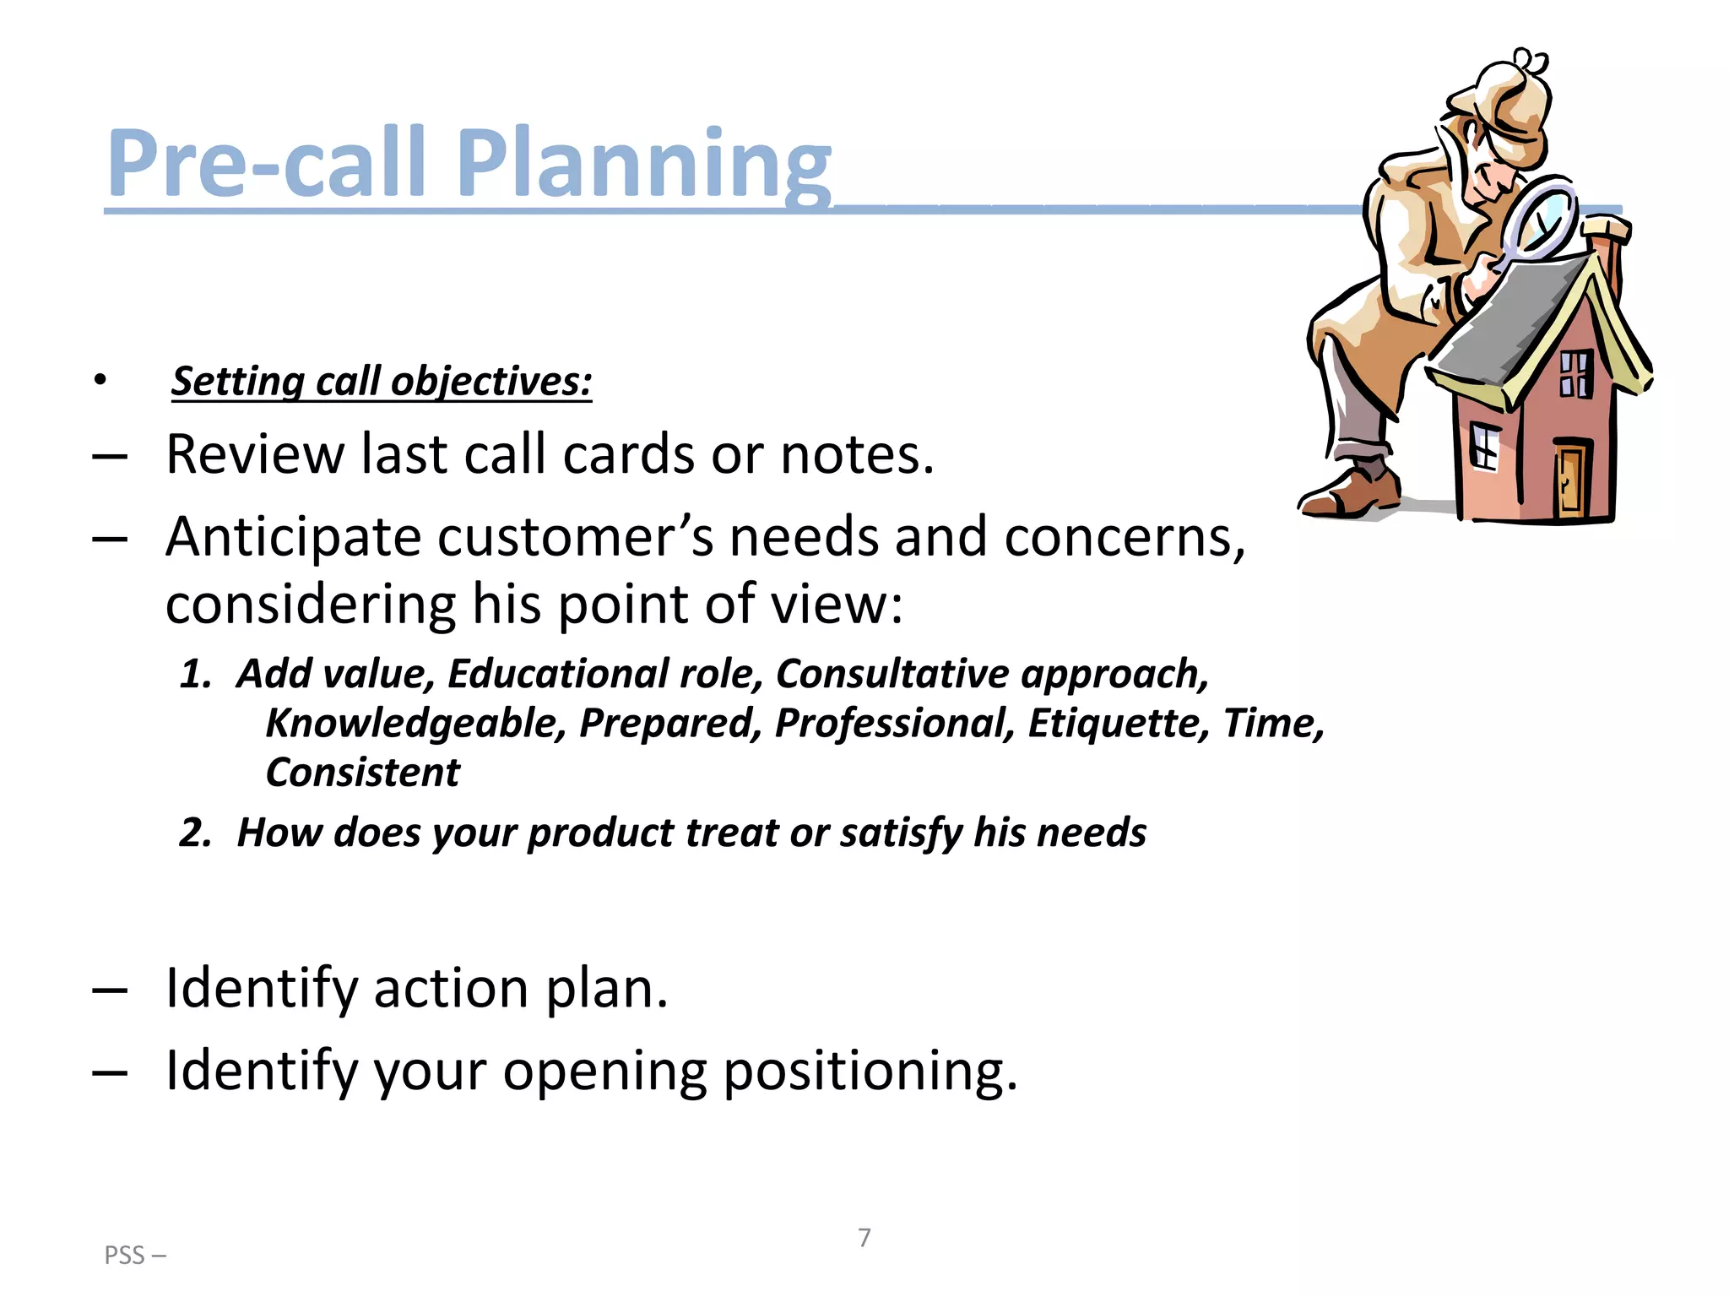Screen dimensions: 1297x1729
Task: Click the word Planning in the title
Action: pos(645,165)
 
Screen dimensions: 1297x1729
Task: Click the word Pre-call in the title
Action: pos(266,165)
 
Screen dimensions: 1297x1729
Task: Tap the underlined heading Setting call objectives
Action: pos(382,382)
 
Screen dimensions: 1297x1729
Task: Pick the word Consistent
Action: pos(363,773)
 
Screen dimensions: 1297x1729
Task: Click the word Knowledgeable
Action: pos(415,724)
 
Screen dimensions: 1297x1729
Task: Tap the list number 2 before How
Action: pos(194,833)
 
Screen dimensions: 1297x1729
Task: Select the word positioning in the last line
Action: pos(870,1072)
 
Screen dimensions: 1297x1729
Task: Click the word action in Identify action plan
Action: pos(451,989)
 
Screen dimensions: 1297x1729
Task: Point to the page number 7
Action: pos(864,1238)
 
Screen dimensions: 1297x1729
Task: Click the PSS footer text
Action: pos(134,1256)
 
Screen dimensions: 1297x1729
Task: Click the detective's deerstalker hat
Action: pos(1507,97)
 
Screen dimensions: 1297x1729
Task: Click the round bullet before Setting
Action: pos(100,382)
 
